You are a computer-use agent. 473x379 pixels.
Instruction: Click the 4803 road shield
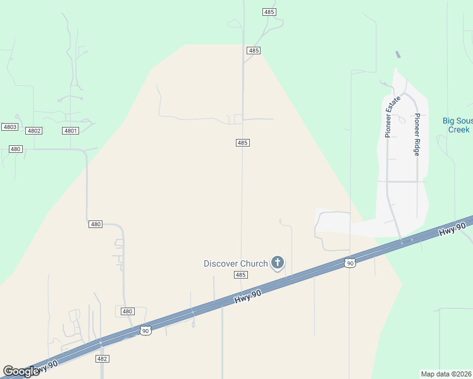coord(9,127)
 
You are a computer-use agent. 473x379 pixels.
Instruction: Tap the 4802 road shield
coord(34,131)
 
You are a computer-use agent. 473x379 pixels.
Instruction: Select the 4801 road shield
coord(70,131)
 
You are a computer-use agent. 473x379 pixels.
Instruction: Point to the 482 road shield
coord(102,359)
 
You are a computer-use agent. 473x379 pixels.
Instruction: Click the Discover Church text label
coord(235,263)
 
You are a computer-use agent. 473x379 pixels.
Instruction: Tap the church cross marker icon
coord(277,262)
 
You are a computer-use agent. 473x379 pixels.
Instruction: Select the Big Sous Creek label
coord(457,125)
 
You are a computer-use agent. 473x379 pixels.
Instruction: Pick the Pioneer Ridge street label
coord(417,135)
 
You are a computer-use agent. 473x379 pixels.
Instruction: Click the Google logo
coord(21,372)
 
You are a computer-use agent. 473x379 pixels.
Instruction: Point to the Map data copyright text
coord(446,374)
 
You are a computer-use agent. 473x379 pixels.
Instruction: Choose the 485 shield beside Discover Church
coord(240,275)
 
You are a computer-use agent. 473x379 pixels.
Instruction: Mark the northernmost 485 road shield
coord(269,12)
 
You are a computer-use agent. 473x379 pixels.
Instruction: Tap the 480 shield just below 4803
coord(16,149)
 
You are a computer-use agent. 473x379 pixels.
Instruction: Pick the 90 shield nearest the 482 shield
coord(145,330)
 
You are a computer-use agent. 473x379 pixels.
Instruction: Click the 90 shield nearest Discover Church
coord(349,263)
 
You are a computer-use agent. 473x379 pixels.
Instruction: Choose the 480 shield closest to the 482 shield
coord(127,311)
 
